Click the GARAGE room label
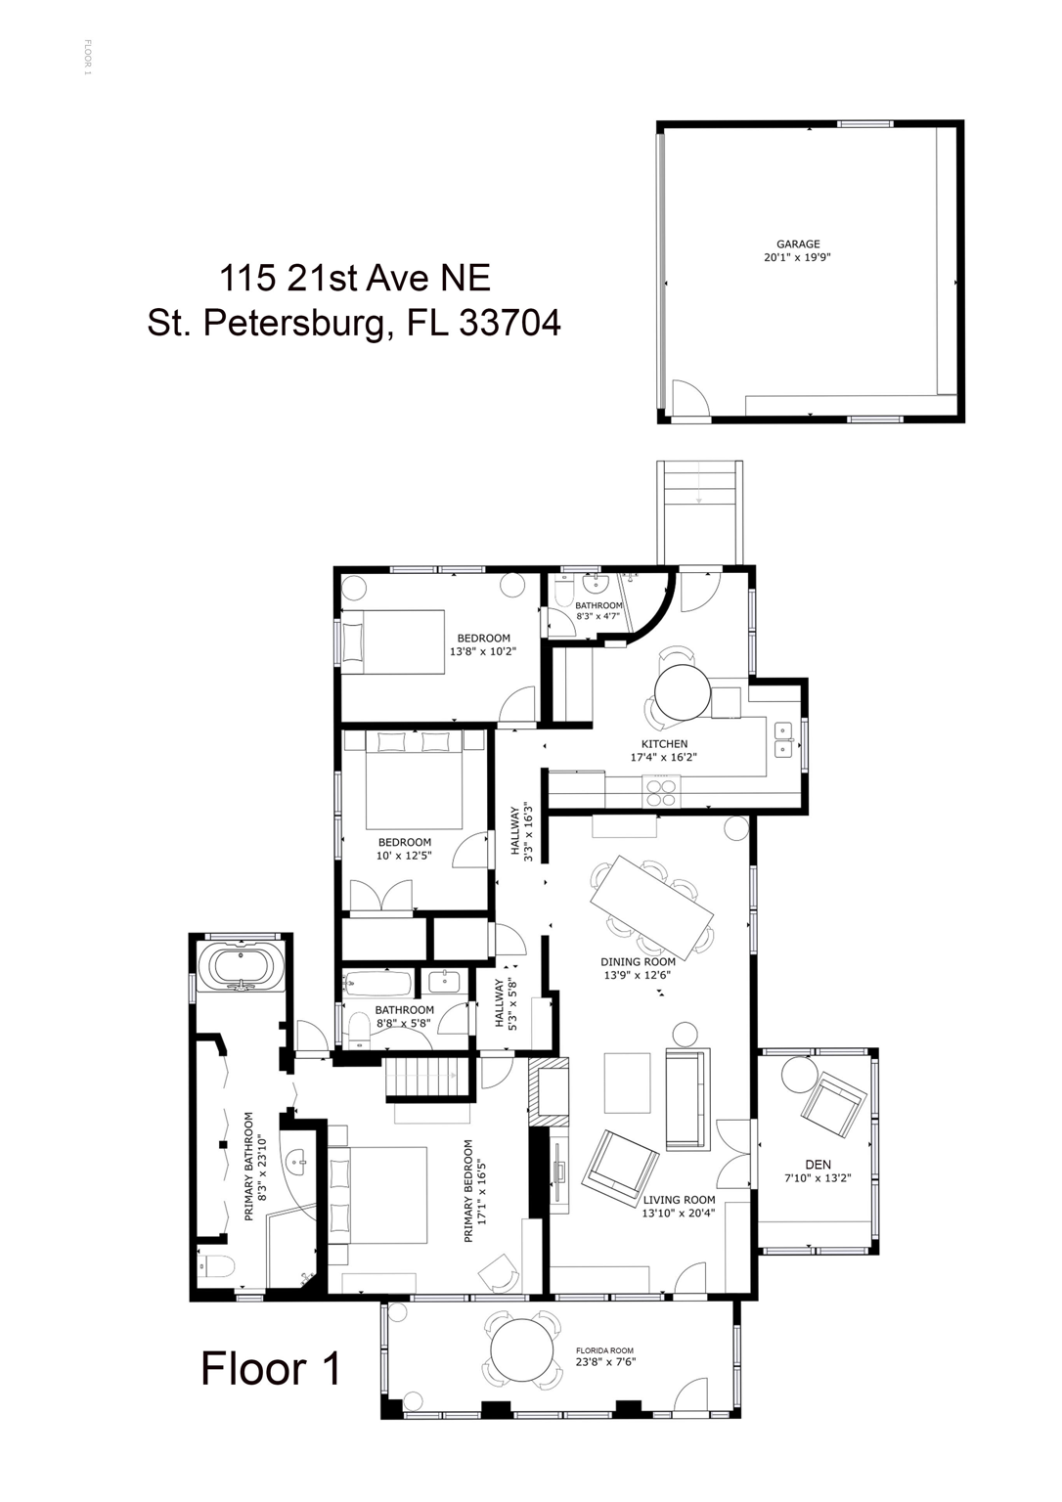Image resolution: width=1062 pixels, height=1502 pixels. point(798,244)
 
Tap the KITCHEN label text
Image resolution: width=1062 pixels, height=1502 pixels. point(665,744)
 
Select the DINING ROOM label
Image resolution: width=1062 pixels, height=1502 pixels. point(638,961)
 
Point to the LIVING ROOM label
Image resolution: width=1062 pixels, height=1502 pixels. point(679,1200)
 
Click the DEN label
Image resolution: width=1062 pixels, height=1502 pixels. point(818,1164)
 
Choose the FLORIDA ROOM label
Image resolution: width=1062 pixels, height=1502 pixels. point(605,1350)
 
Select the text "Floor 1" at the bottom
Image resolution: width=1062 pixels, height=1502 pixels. point(271,1368)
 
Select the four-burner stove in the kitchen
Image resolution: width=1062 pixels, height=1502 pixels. point(660,789)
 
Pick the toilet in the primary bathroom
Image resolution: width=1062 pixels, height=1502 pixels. point(212,1267)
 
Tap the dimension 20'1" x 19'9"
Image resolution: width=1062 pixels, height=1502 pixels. point(798,258)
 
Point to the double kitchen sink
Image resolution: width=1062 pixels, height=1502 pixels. point(783,739)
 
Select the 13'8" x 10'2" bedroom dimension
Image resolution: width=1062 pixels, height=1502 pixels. point(483,651)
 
